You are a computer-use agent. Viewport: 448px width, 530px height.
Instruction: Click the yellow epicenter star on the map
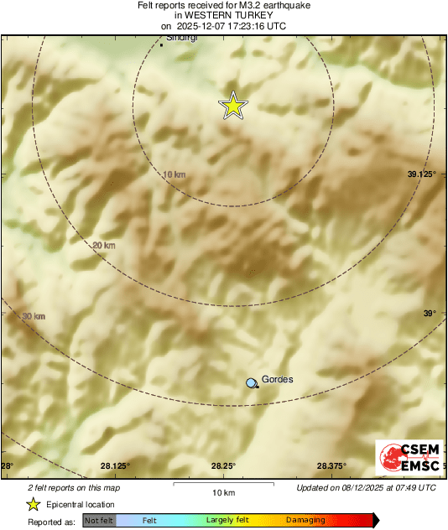234,106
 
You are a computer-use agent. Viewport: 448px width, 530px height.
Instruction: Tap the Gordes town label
278,379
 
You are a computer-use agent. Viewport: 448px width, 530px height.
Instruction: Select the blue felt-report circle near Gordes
252,382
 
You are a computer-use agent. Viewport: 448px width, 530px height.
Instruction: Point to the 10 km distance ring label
174,174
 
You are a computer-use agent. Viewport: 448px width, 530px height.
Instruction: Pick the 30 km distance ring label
33,316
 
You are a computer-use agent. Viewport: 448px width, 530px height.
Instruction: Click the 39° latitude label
429,314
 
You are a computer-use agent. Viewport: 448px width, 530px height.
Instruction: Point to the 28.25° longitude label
222,466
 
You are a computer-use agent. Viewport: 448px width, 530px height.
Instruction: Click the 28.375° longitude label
331,466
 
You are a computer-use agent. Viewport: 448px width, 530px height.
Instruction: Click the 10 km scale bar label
223,491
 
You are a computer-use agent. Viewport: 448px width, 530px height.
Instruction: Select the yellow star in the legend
33,504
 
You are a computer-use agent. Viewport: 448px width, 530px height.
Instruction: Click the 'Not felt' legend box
100,520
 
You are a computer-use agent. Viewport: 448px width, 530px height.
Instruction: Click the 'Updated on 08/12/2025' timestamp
366,487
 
